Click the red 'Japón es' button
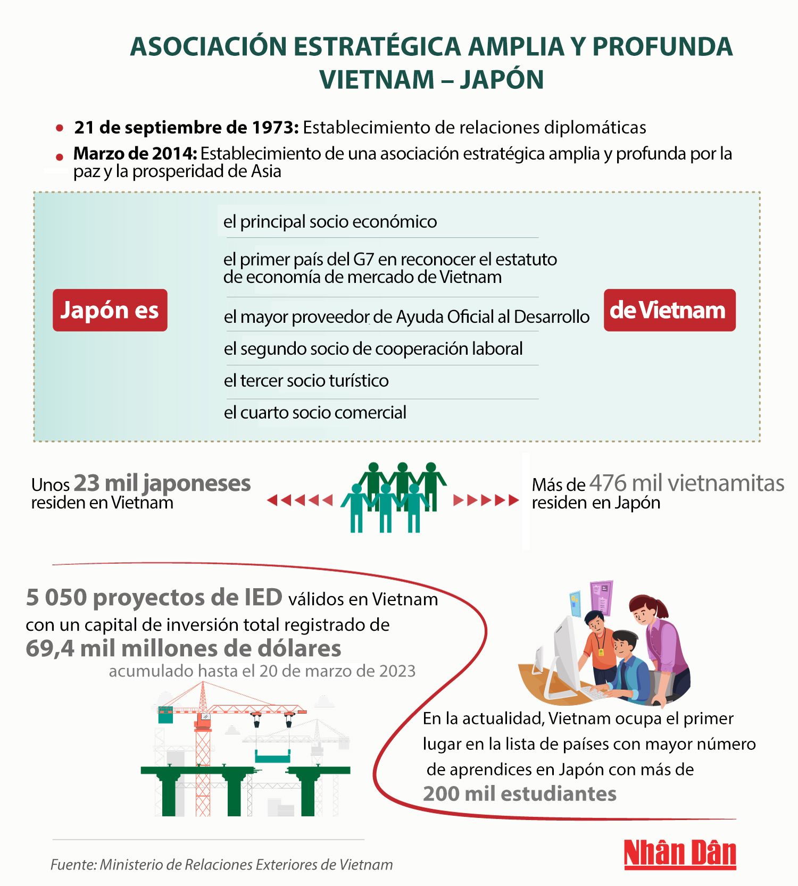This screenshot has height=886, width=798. (x=110, y=310)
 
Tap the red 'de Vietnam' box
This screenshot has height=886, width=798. (x=669, y=310)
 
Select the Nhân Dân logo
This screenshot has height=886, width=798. (x=680, y=854)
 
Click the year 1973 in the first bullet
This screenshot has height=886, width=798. (x=275, y=128)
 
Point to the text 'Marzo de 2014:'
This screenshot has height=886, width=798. (x=135, y=154)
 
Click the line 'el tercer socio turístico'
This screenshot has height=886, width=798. (x=306, y=381)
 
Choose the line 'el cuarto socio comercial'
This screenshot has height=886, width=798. (x=315, y=413)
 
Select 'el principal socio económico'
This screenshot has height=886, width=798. (x=330, y=222)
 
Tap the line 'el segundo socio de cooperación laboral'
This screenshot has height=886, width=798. (x=373, y=349)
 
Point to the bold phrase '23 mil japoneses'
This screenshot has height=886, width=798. (x=162, y=483)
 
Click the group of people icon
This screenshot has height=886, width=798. (x=394, y=497)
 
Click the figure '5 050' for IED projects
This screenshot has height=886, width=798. (x=56, y=598)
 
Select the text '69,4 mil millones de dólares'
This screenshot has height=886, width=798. (x=184, y=648)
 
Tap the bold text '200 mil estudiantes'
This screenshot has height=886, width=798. (x=520, y=793)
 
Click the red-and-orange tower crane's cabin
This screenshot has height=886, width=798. (x=203, y=721)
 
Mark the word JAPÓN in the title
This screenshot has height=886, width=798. (x=502, y=80)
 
